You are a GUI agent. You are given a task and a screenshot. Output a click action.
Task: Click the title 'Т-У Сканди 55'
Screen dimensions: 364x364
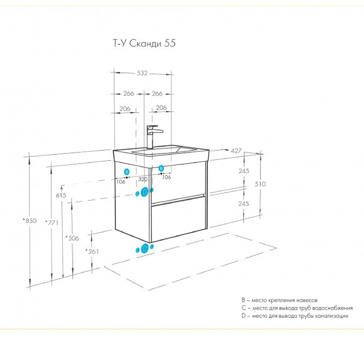click(144, 43)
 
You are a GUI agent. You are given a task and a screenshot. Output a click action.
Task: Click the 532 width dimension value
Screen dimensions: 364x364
click(142, 73)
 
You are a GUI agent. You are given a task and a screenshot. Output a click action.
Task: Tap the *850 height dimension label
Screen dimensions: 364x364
click(30, 221)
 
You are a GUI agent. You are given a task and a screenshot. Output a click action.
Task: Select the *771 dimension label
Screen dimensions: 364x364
click(52, 223)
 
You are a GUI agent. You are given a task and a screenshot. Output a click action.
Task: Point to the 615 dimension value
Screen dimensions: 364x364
click(61, 195)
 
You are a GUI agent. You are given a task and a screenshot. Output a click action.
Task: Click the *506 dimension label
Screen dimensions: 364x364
click(72, 238)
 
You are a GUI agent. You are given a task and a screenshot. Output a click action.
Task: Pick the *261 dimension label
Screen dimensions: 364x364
click(92, 251)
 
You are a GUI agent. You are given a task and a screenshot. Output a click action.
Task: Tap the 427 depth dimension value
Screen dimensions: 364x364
click(236, 151)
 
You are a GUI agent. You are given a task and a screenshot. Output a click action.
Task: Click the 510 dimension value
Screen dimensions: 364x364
click(260, 184)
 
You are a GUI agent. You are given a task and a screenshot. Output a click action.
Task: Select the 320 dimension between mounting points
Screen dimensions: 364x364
click(143, 179)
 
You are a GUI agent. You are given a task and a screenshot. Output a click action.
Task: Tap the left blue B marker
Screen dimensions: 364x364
click(127, 172)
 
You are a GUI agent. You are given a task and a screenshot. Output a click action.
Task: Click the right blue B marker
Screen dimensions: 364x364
click(161, 168)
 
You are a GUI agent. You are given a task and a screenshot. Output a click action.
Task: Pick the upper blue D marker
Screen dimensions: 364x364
click(145, 192)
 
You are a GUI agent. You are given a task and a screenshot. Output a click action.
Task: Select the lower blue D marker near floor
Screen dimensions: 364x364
click(145, 248)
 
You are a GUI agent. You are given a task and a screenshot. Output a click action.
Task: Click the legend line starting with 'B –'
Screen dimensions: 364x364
click(279, 300)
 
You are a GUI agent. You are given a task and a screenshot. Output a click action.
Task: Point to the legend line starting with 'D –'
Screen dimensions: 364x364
click(295, 316)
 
